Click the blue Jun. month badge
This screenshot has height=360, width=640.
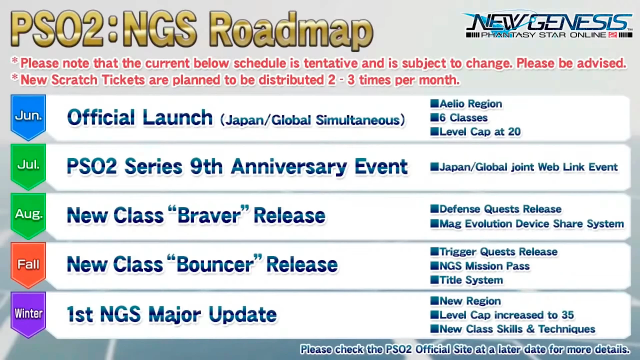click(28, 117)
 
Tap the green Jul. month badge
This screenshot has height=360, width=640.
click(28, 166)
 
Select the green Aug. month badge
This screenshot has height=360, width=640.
click(28, 215)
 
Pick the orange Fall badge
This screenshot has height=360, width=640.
click(28, 265)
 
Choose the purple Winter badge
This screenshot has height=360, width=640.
click(28, 314)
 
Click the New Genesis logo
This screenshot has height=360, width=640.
click(548, 25)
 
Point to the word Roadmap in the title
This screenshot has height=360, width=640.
click(291, 31)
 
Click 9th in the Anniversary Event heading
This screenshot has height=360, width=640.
click(206, 166)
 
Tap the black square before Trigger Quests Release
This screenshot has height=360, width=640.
click(434, 251)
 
